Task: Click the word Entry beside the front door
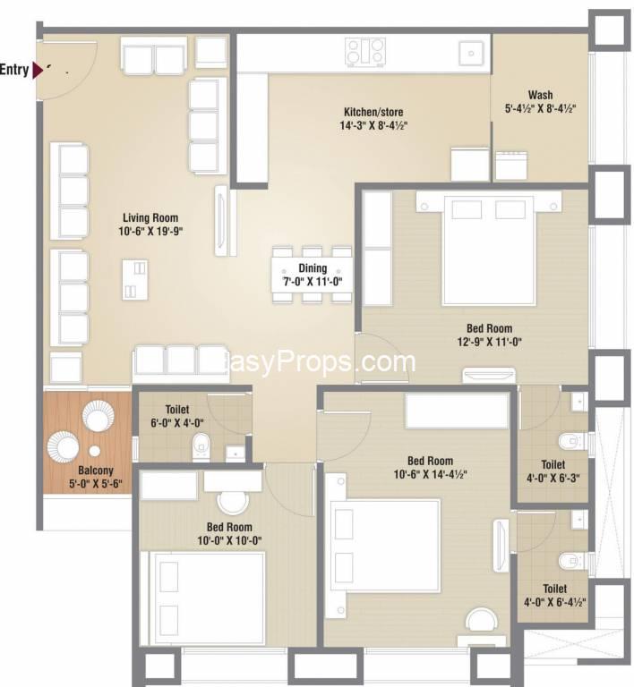pos(14,70)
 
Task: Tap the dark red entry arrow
pos(38,71)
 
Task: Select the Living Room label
pos(150,217)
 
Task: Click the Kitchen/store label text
pos(373,112)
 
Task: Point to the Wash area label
pos(540,95)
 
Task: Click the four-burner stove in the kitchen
pos(365,52)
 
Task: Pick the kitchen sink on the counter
pos(471,54)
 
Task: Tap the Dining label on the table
pos(313,268)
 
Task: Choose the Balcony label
pos(96,471)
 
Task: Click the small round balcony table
pos(95,451)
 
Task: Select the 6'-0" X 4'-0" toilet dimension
pos(177,423)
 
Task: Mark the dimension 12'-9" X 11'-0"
pos(489,342)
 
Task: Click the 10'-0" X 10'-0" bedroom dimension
pos(229,540)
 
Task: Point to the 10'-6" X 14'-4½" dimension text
pos(430,474)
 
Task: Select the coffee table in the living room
pos(135,280)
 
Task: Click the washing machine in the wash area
pos(510,165)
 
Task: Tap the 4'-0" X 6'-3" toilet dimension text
pos(553,478)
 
